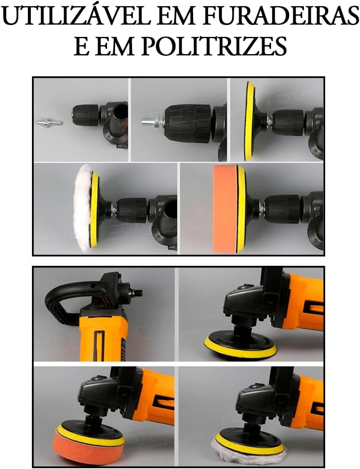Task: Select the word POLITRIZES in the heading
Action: [214, 46]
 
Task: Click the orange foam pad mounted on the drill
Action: [224, 209]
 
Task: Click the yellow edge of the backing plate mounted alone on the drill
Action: [250, 121]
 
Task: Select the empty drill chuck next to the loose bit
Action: [86, 116]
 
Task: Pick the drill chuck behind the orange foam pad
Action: [283, 206]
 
